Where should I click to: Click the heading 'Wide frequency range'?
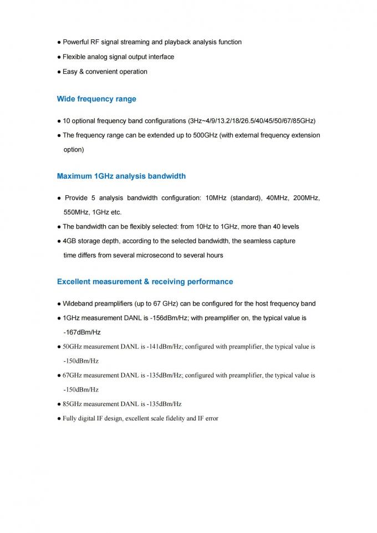[x=96, y=99]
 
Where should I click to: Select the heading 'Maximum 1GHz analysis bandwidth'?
[x=121, y=176]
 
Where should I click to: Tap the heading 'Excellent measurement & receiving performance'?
[x=145, y=282]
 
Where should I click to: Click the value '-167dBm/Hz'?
[x=82, y=332]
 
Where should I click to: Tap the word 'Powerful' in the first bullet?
[x=77, y=42]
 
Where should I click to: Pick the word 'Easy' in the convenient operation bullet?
[x=70, y=72]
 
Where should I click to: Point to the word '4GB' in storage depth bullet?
[x=69, y=241]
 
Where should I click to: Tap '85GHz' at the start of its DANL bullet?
[x=73, y=404]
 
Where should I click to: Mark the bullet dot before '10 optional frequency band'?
[x=59, y=121]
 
